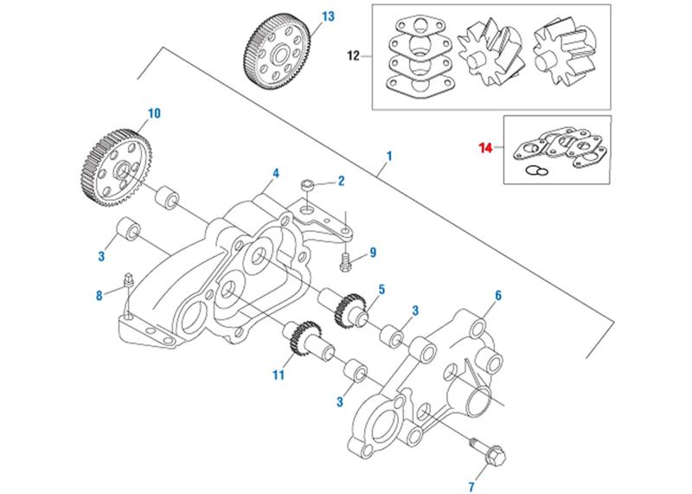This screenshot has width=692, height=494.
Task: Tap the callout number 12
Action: pos(353,56)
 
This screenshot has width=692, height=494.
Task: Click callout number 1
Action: pos(390,157)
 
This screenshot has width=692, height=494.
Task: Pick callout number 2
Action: pos(341,181)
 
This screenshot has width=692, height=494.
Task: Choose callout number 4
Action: pos(275,173)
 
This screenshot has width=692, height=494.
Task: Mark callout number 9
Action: pos(373,253)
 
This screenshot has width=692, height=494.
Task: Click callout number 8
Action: pos(99,297)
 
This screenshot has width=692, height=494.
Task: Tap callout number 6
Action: pos(498,296)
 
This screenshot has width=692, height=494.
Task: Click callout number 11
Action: pos(278,376)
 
